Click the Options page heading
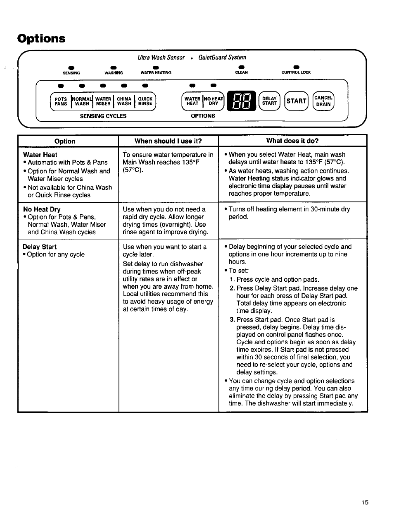41,38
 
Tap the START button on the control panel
296,101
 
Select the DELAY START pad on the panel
269,101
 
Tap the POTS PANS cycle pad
61,101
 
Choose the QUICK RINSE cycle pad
145,101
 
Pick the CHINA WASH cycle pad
124,101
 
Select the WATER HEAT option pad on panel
192,101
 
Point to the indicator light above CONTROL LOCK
296,67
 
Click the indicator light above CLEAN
241,67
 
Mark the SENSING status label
71,73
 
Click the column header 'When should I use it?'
168,141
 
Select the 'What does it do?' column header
292,141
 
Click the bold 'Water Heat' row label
40,155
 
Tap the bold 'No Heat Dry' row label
42,209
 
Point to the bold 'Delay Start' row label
40,247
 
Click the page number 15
364,502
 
